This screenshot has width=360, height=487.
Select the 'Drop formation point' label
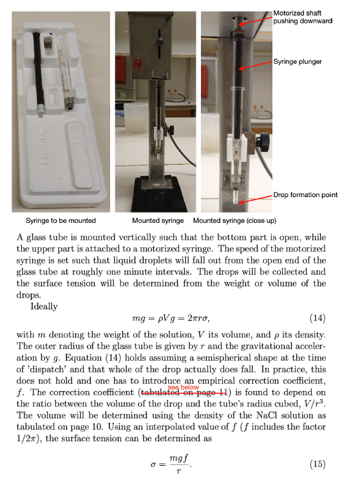(306, 195)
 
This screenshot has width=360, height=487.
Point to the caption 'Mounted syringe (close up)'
(239, 220)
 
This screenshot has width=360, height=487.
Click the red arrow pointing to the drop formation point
(255, 199)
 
